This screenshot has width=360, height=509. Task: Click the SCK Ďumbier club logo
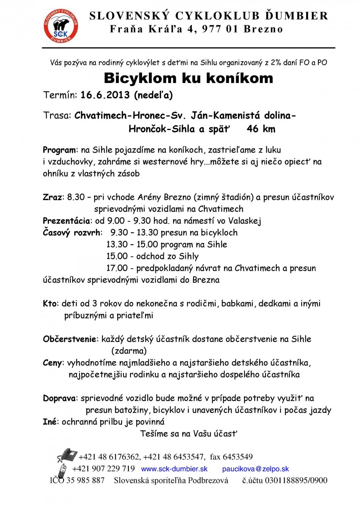pos(61,26)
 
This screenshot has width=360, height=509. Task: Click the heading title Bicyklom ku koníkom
pos(188,78)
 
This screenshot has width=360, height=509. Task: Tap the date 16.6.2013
pos(105,95)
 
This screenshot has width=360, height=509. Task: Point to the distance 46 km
pos(261,129)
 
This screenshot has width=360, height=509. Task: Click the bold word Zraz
pos(52,197)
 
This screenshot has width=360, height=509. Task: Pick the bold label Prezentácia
pos(66,221)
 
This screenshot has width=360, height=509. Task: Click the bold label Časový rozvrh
pos(72,232)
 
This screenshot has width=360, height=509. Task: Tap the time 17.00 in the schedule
pos(117,268)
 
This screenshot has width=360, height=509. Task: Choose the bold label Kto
pos(50,304)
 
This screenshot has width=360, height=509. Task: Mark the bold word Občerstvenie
pos(70,339)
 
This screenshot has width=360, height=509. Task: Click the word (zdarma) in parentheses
pos(129,351)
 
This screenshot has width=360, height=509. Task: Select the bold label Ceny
pos(52,363)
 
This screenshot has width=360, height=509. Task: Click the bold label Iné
pos(50,422)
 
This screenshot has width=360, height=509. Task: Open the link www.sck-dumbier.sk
pos(174,469)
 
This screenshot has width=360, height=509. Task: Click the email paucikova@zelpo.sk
pos(255,469)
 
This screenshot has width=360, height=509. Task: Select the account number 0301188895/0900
pos(296,481)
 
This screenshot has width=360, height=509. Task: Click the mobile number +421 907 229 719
pos(103,469)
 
